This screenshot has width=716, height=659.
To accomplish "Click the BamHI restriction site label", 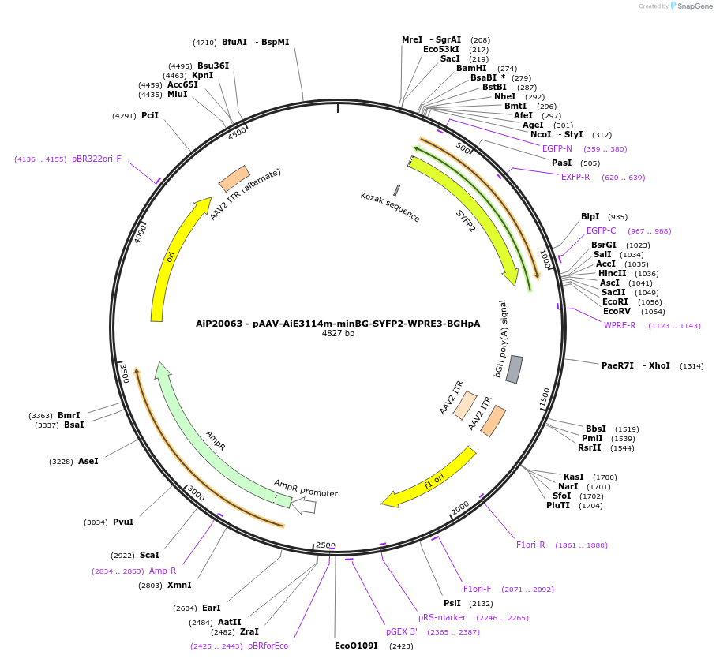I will pos(471,68).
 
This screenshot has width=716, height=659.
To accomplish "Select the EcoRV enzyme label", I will pos(617,311).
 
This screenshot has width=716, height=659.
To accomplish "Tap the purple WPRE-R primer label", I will pos(620,325).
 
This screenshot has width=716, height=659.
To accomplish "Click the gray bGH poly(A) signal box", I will pos(515,369).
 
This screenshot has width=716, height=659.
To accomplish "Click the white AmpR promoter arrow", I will pos(304,506).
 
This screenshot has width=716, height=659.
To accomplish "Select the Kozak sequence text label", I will pos(390,207).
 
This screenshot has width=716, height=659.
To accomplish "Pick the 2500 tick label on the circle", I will pos(325,545).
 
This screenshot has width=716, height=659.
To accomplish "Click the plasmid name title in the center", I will pos(338,323).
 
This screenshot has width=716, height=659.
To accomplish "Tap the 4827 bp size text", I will pos(338,333).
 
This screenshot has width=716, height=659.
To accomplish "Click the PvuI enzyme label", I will pos(123,522).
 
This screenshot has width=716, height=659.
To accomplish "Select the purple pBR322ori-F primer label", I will pos(96,159).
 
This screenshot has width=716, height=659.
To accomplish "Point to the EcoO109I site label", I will pos(356,646).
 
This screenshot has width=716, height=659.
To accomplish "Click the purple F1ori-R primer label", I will pos(530,545).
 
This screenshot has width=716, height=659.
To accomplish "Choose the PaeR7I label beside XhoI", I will pos(618,365).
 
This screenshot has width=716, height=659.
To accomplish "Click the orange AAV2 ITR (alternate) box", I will pos(234,178).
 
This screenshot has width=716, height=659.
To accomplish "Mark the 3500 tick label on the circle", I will pos(123,373).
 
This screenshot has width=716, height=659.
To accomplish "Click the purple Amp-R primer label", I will pos(163,571).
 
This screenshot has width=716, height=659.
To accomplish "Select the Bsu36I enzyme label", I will pos(213,66).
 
